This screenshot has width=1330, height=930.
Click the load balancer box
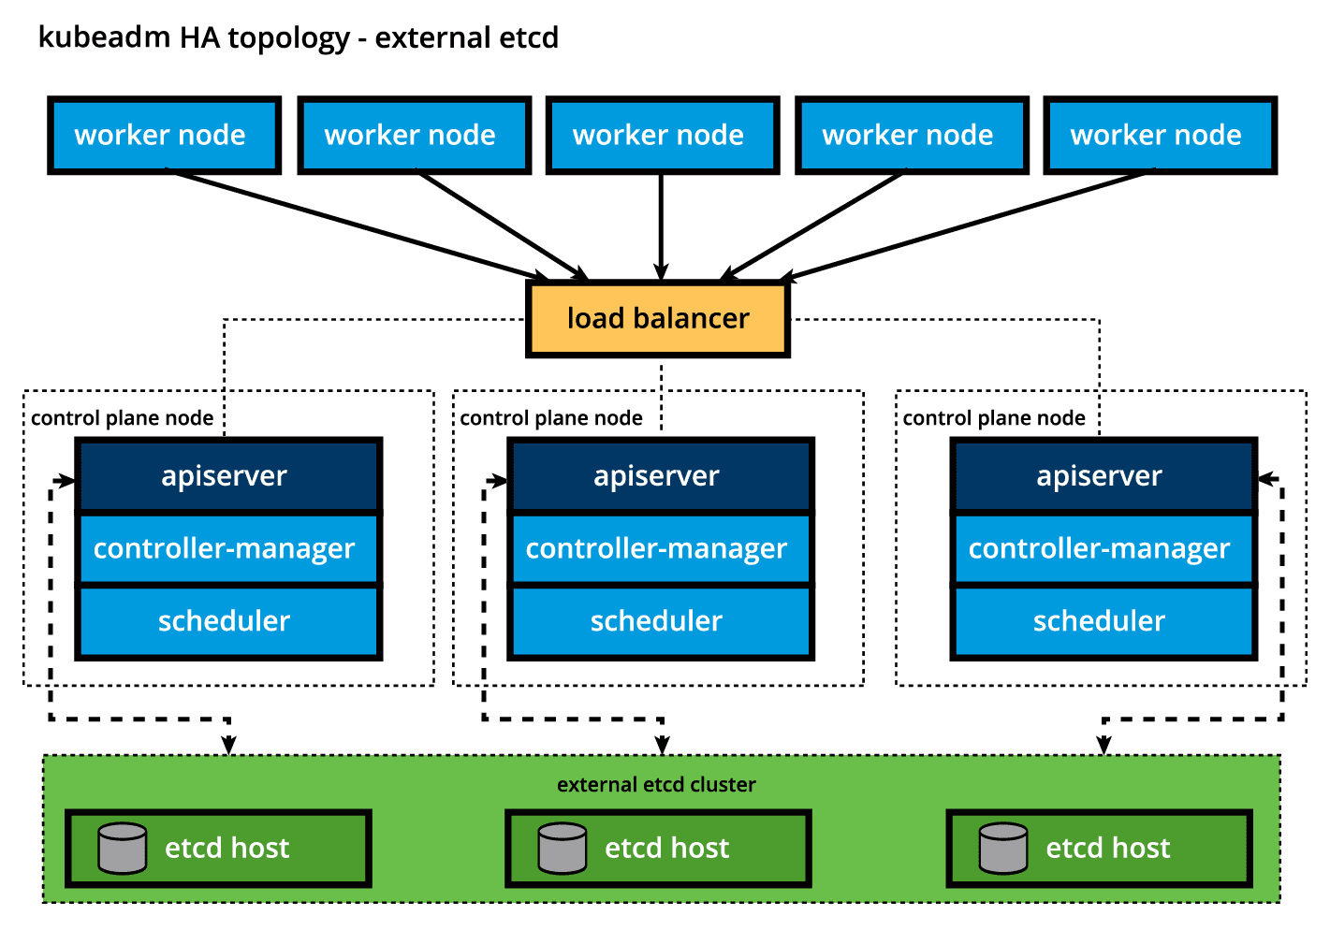click(x=658, y=319)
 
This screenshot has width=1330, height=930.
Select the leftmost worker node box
click(x=164, y=136)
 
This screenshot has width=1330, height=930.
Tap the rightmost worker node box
click(x=1160, y=136)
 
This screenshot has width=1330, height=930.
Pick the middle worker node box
click(x=662, y=136)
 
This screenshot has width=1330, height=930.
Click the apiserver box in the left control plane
click(x=228, y=475)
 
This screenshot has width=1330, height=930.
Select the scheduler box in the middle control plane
click(x=660, y=621)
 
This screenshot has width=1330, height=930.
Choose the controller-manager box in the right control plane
click(x=1103, y=548)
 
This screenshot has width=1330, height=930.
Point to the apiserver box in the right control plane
click(x=1103, y=475)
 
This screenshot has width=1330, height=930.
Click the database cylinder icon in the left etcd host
click(x=123, y=848)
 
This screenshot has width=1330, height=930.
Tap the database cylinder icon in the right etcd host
click(x=1003, y=848)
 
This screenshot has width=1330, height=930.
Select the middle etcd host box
click(x=658, y=849)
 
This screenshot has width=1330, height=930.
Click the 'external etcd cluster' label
click(x=656, y=784)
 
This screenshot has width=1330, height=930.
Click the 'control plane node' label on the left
click(x=122, y=418)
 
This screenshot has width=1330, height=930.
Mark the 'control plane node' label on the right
click(x=994, y=418)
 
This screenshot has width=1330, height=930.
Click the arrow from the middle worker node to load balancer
click(x=662, y=225)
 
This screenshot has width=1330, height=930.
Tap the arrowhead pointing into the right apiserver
click(x=1265, y=479)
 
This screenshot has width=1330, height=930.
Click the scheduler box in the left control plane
click(x=228, y=621)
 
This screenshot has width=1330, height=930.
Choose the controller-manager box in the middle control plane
click(x=660, y=548)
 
